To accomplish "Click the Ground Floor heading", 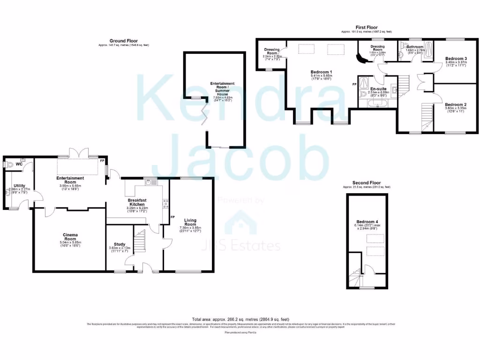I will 123,41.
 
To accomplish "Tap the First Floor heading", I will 367,27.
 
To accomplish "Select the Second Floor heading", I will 367,183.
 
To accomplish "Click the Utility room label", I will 19,186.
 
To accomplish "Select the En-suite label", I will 379,89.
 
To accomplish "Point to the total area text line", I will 240,318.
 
